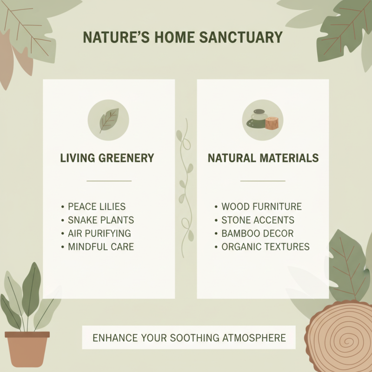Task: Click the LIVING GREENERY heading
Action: [107, 158]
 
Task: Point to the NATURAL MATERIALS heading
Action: [263, 158]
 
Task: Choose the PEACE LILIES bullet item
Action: [97, 206]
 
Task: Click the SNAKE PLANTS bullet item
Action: [101, 220]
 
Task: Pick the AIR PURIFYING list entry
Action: [100, 233]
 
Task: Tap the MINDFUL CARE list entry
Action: [101, 247]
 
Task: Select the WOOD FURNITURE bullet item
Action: [261, 206]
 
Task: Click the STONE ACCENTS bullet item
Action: [258, 220]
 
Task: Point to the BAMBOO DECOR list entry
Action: [257, 233]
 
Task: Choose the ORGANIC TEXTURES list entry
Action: [265, 247]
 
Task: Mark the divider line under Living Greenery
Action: [109, 180]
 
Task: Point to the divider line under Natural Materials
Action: [263, 180]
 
